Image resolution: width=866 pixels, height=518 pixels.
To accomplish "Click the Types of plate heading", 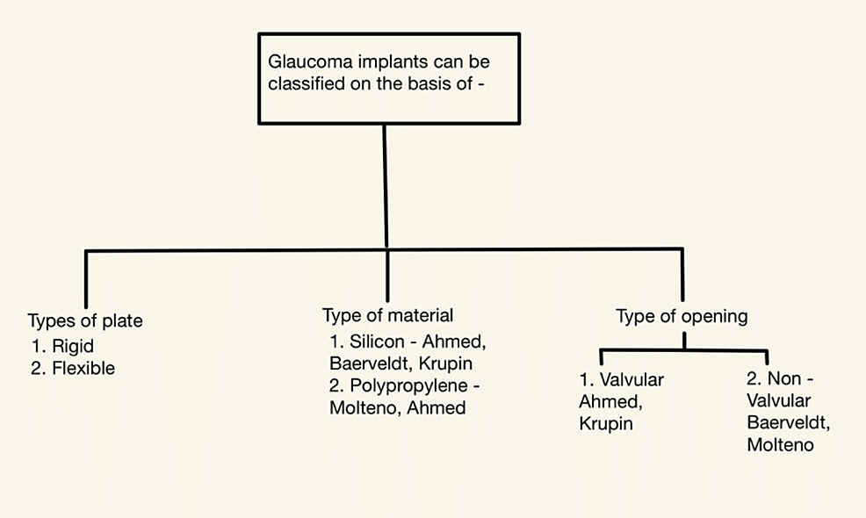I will [85, 321].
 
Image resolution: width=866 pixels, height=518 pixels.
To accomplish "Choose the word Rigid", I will [73, 346].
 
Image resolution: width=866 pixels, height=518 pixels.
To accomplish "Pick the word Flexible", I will [83, 368].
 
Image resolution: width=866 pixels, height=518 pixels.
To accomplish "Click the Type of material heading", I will [387, 315].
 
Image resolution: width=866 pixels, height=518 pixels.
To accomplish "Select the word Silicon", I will [379, 340].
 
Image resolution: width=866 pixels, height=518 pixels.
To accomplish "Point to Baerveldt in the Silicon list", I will [362, 362].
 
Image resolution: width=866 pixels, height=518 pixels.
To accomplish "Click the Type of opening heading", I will [682, 316].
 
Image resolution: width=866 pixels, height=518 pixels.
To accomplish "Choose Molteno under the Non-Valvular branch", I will [781, 445].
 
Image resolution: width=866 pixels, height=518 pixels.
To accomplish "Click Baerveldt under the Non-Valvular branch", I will [788, 423].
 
